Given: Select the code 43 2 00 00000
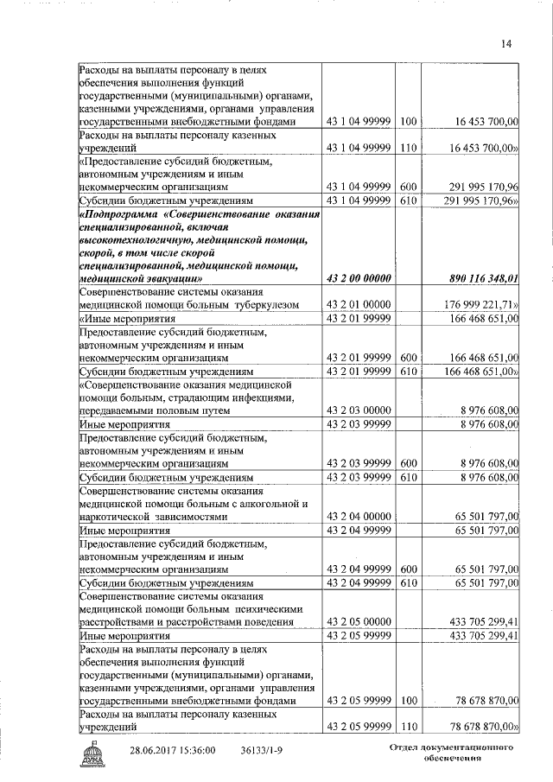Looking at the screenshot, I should [358, 278].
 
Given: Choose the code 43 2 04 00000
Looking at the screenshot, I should [358, 516].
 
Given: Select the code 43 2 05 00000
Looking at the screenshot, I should [358, 621].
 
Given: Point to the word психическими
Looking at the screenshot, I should [276, 609].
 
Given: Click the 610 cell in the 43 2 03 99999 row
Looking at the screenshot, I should [409, 477].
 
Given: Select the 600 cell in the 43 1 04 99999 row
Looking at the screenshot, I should [409, 187].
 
